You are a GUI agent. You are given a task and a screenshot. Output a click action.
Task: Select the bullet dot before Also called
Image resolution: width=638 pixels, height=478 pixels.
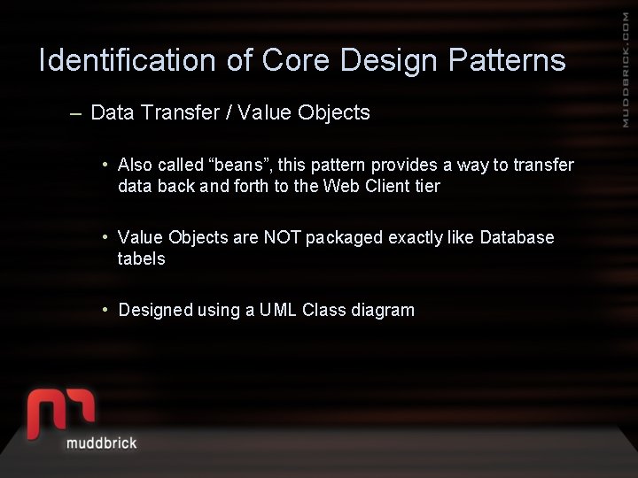tap(105, 164)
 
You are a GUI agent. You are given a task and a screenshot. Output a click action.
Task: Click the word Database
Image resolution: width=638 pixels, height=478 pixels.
tap(517, 237)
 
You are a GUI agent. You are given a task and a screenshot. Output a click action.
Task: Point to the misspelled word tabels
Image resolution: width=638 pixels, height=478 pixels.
tap(141, 258)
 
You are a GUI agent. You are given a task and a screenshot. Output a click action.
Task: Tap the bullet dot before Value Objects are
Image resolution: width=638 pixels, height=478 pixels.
tap(105, 236)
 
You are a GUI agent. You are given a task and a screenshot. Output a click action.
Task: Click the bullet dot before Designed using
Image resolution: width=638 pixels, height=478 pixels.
tap(105, 309)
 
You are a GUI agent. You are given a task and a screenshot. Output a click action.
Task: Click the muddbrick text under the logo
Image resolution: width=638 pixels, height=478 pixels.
tap(102, 442)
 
